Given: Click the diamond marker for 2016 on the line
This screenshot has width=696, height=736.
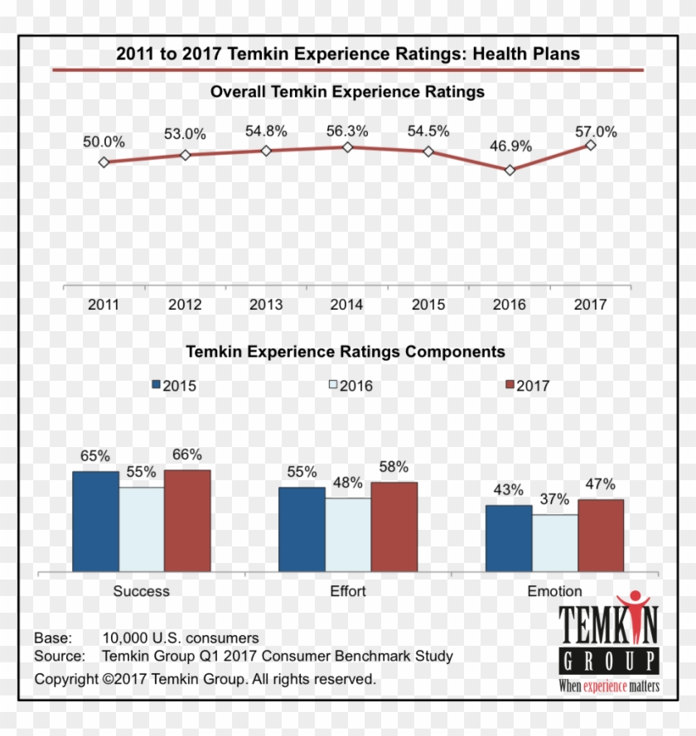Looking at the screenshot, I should tap(510, 170).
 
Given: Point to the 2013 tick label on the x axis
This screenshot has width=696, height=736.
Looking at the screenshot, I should tap(266, 305).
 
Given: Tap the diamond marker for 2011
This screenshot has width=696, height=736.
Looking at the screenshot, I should tap(104, 162).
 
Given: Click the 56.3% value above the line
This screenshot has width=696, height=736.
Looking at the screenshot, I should tap(347, 131).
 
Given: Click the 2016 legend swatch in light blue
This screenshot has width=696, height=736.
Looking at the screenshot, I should tap(333, 385).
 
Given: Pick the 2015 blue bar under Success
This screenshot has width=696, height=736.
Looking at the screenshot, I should tap(95, 521).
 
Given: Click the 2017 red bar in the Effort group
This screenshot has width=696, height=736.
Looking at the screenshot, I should tap(394, 527).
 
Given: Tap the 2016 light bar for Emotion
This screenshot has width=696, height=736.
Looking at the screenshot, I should tap(555, 542).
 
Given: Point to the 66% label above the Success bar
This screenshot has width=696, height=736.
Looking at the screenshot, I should tap(187, 455).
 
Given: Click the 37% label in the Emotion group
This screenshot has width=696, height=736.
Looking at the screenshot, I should tap(555, 499).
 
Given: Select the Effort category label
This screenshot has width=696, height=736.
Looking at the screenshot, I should tap(347, 591).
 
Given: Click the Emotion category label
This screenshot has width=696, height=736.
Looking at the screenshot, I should tap(554, 591).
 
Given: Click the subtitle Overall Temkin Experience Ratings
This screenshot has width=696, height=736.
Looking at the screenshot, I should tap(347, 92).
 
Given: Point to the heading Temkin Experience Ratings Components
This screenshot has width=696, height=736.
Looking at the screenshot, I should tap(346, 352).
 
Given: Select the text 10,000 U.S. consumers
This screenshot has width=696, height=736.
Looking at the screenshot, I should tap(181, 638).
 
